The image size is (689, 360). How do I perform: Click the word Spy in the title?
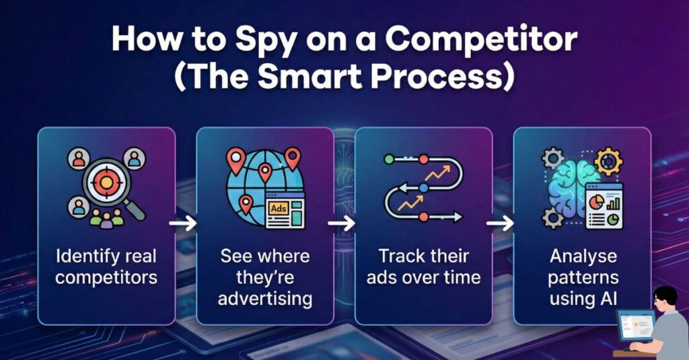(264, 41)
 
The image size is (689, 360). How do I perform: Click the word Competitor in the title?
(480, 39)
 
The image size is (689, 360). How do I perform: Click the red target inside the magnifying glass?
(106, 181)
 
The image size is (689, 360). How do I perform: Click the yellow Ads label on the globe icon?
(279, 209)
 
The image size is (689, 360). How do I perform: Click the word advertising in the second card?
(265, 299)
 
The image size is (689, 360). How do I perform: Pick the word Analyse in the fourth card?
(583, 256)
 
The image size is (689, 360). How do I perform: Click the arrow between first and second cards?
(183, 223)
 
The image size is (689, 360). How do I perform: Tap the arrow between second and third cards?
(341, 223)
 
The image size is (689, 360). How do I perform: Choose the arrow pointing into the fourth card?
(500, 223)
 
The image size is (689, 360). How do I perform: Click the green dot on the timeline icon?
(389, 159)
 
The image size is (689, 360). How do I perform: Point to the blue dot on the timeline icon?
(423, 188)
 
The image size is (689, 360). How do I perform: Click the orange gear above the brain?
(608, 161)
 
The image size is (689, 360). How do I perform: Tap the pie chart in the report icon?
(596, 202)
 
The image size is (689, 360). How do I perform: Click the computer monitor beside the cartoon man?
(636, 325)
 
